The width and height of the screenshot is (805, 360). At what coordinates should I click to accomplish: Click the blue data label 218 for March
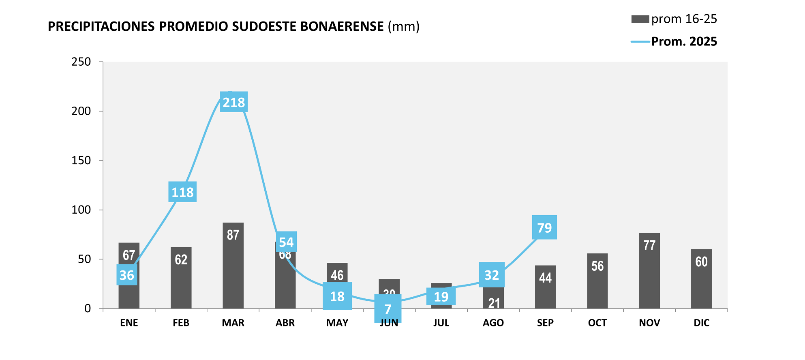(234, 102)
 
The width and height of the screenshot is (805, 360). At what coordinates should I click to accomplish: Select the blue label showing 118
(182, 192)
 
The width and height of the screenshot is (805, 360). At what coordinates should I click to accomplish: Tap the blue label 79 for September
(544, 227)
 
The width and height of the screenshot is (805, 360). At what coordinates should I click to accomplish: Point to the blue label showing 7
(388, 309)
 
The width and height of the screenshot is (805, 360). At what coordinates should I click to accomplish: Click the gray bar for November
(649, 271)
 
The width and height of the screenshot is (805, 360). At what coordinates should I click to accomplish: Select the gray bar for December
(701, 279)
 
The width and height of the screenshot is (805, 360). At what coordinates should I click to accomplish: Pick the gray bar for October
(597, 281)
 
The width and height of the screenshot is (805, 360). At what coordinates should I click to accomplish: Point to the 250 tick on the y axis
(81, 62)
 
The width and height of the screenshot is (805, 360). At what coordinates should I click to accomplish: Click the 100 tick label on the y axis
(81, 210)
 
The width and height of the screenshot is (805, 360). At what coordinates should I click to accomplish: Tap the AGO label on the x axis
(493, 323)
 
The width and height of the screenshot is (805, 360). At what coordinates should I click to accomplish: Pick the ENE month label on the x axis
(129, 323)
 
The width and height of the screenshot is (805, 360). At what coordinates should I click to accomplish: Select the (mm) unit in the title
(403, 26)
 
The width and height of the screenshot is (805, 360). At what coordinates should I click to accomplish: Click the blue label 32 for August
(492, 275)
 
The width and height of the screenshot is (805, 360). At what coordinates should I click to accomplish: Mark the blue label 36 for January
(127, 275)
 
